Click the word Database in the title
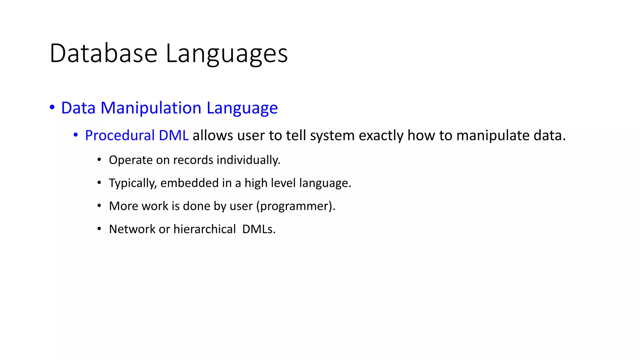point(103,53)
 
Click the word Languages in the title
point(227,53)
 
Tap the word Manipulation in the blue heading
point(151,108)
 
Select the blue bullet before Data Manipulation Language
point(52,107)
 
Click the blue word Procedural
point(120,136)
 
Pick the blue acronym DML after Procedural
point(173,136)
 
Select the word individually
point(248,160)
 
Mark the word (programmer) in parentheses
point(295,206)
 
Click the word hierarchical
point(204,229)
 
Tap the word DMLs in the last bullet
point(258,229)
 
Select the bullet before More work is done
point(99,206)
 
